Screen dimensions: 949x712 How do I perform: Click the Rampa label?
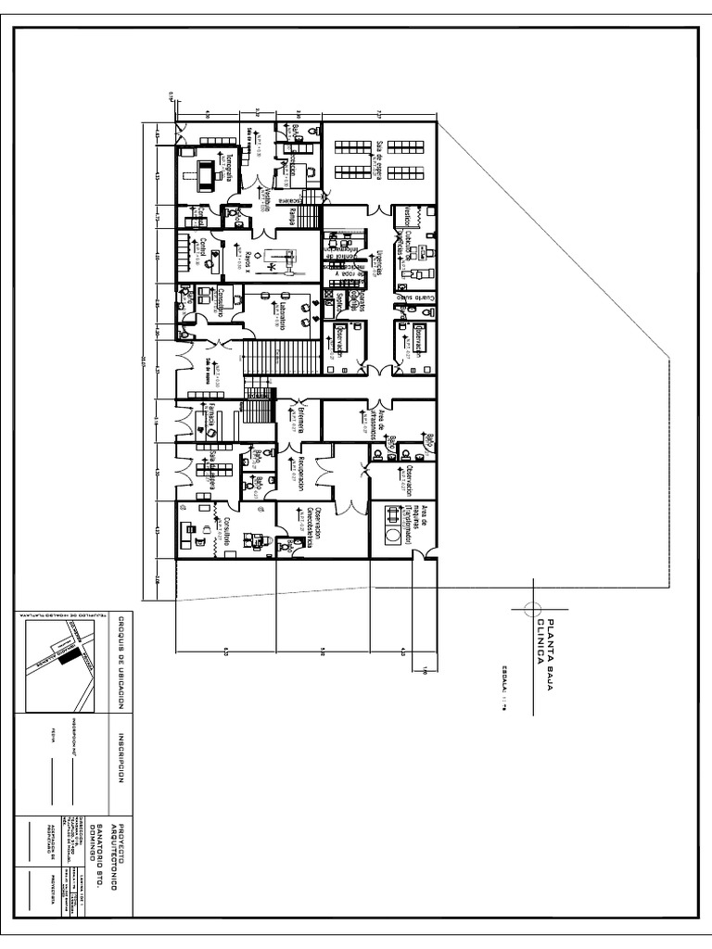tap(292, 215)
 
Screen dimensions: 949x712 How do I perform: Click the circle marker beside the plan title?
tap(530, 607)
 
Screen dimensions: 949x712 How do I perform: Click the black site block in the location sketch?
tap(68, 655)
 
